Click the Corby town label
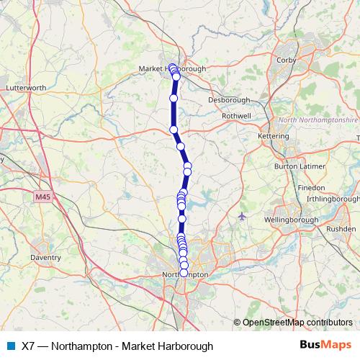(287, 60)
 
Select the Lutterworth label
(26, 88)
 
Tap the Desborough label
(229, 100)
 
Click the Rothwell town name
(236, 115)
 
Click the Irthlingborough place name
(332, 198)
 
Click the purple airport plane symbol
(241, 215)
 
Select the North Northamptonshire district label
(318, 120)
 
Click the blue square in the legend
(10, 346)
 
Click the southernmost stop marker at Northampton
(184, 273)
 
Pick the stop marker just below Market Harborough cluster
(174, 98)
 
